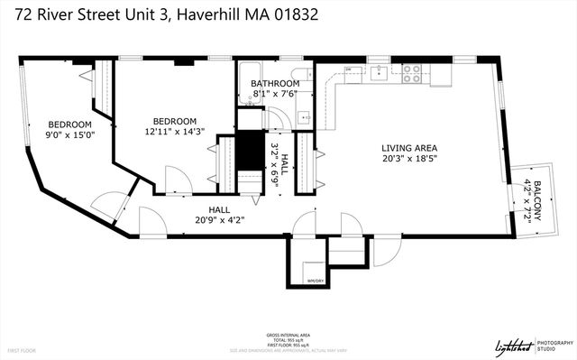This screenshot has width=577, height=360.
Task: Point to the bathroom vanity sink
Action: click(304, 115)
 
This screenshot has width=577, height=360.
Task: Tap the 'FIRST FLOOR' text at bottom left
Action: click(23, 349)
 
